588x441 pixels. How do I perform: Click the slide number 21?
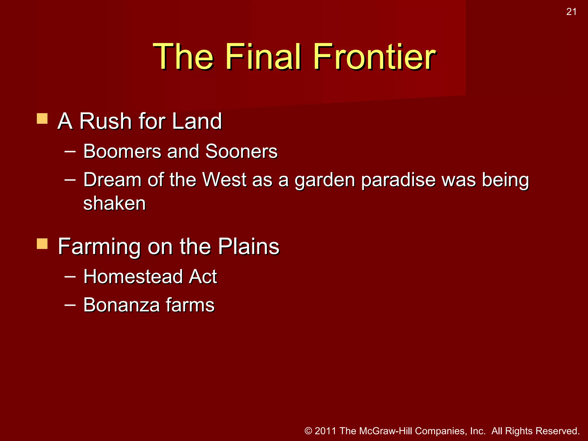click(571, 12)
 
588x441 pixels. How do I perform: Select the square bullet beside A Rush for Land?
click(42, 119)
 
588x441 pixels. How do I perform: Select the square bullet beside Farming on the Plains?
click(42, 244)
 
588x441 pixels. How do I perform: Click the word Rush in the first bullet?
click(105, 121)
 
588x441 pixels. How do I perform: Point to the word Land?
click(197, 121)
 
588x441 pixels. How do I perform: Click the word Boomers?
click(122, 151)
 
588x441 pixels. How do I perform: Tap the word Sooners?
click(241, 151)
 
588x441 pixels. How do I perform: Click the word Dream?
click(112, 180)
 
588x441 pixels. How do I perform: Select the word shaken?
click(115, 203)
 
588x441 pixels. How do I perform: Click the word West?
click(224, 180)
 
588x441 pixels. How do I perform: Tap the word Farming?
click(99, 247)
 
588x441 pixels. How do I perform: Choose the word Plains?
click(248, 246)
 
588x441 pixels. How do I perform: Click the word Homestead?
click(133, 277)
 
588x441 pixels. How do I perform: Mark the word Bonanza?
click(121, 305)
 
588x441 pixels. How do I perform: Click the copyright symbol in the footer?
click(308, 431)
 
